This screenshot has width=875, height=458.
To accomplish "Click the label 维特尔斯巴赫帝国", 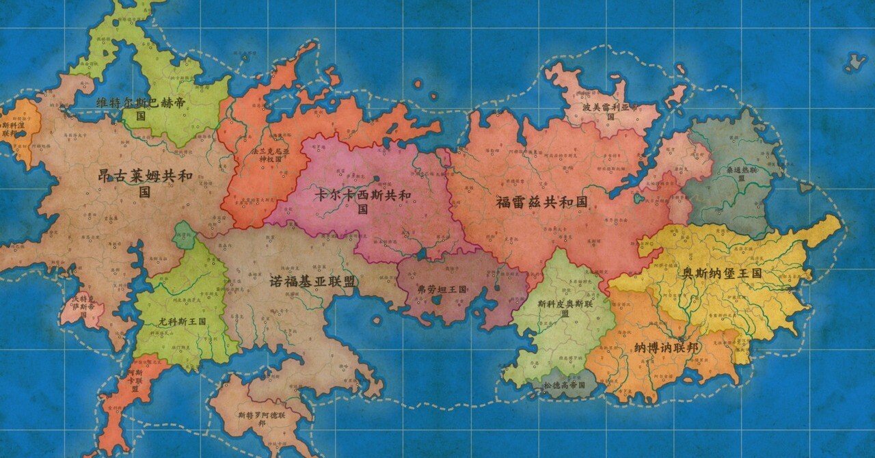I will click(x=141, y=109).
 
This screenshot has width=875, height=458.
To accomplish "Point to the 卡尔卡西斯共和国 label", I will click(x=362, y=201).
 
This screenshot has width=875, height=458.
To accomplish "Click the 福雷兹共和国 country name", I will click(x=541, y=202).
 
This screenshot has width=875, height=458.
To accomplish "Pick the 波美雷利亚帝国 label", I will click(x=610, y=111).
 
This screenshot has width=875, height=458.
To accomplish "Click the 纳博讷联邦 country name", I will click(x=666, y=348).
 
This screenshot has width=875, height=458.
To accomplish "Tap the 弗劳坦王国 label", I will click(x=442, y=290).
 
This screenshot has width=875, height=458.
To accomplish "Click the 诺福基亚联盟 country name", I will click(x=312, y=281).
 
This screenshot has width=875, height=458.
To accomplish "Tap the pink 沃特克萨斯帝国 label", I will click(x=80, y=303).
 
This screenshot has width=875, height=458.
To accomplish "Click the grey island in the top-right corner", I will click(x=854, y=63).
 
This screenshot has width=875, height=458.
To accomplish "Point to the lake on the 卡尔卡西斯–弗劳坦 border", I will click(x=422, y=254).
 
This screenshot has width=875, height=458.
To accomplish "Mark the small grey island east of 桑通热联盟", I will click(x=806, y=186).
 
